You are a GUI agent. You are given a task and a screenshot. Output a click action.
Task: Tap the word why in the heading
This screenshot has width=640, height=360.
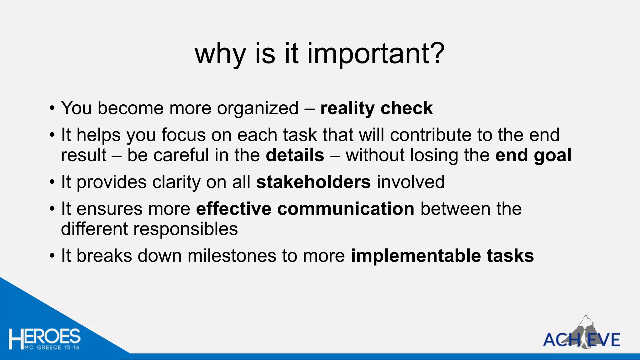[x=220, y=54]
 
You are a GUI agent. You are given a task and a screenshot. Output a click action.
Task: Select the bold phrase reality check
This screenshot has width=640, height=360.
[x=376, y=108]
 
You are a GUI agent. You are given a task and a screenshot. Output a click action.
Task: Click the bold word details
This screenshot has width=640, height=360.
[x=295, y=155]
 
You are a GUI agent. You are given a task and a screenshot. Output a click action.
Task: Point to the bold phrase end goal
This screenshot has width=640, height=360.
[x=533, y=155]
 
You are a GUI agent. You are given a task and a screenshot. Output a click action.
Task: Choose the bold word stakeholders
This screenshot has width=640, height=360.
[x=313, y=182]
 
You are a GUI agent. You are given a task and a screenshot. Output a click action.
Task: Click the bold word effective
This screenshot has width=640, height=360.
[x=233, y=209]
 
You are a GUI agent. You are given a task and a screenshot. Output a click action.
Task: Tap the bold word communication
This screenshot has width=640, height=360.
[x=346, y=209]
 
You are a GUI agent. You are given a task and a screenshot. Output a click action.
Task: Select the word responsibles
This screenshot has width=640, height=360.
[x=186, y=229]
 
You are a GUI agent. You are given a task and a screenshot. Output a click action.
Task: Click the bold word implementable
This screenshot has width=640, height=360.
[x=416, y=256]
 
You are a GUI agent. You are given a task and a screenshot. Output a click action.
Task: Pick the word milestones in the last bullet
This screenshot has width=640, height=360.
[x=232, y=256]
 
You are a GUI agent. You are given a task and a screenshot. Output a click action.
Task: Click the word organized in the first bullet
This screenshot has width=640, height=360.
[x=258, y=109]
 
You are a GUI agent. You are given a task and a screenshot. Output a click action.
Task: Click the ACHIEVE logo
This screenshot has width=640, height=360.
[x=581, y=339]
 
